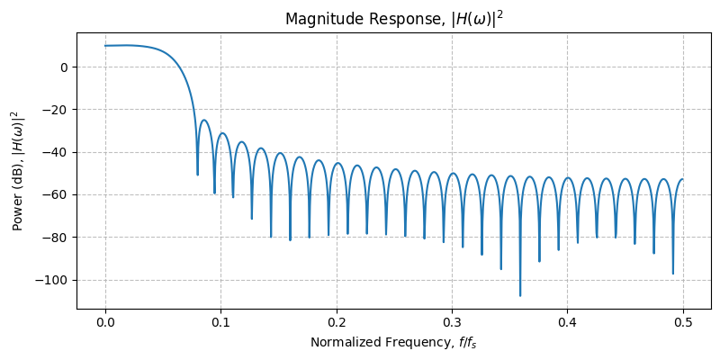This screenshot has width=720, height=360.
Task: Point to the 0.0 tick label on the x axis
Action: point(105,322)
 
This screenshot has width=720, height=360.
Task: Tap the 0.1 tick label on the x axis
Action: point(220,322)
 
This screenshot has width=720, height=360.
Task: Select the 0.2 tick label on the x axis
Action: point(337,322)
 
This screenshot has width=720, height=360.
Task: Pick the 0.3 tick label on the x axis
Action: point(452,322)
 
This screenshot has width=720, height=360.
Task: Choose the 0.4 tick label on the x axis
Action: point(568,322)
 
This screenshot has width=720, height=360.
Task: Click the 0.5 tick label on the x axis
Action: point(683,322)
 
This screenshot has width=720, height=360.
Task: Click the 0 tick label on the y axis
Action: point(64,67)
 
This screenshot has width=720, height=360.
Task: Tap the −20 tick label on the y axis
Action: point(56,110)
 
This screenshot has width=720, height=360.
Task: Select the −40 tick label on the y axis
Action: point(56,152)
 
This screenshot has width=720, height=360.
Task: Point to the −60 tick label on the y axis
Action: point(56,194)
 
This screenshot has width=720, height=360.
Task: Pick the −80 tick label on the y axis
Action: point(56,238)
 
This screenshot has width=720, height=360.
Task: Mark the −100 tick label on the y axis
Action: point(52,280)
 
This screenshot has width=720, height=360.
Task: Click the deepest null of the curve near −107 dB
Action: point(520,294)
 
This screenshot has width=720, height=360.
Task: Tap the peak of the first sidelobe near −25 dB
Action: point(204,120)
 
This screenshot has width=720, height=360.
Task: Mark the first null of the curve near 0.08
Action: point(198,174)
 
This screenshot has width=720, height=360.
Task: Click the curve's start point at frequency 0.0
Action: point(105,46)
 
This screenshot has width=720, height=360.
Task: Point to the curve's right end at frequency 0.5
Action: point(683,179)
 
